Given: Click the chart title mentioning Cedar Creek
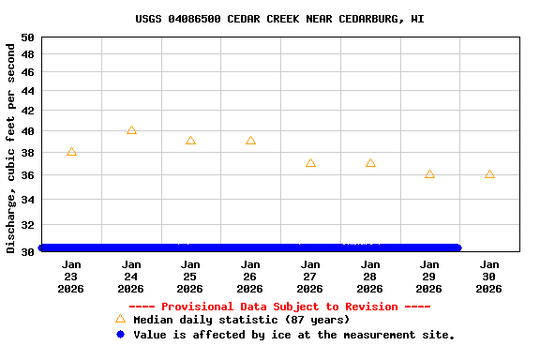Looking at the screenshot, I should (279, 19).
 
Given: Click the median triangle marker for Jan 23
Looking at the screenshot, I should (71, 152).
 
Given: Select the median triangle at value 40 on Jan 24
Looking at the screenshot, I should (131, 130).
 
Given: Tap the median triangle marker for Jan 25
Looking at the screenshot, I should (190, 141).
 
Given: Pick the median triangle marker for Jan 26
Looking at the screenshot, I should (250, 141).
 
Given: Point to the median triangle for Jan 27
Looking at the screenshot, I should (310, 163).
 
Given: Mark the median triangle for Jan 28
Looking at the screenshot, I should (370, 163).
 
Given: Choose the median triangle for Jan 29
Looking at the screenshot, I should (429, 174).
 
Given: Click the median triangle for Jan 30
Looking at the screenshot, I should (489, 174).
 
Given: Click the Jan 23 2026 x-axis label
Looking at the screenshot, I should (71, 277).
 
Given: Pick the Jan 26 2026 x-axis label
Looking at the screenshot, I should (250, 277).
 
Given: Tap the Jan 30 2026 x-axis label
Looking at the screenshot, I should (489, 277).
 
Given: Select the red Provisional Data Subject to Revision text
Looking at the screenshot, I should (279, 307).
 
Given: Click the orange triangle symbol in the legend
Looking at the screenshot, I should (120, 320).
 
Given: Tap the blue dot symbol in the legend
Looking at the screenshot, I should (120, 335).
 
